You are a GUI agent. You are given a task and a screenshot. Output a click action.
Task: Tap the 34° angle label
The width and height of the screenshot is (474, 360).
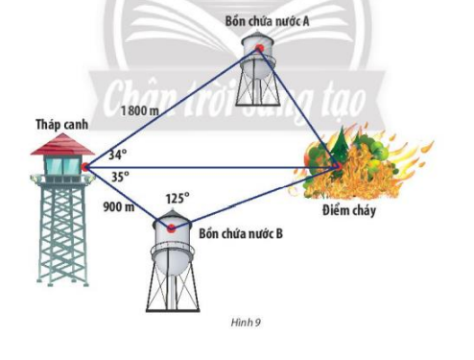click(116, 154)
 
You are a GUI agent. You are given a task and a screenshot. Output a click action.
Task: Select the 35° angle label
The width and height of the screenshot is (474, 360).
click(119, 177)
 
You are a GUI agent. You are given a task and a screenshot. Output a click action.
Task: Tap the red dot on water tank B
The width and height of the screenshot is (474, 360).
click(172, 228)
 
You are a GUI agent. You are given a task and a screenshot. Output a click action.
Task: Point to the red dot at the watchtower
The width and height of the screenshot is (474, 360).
click(85, 166)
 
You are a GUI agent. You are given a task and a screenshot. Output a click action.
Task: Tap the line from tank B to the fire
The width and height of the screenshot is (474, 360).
click(254, 199)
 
